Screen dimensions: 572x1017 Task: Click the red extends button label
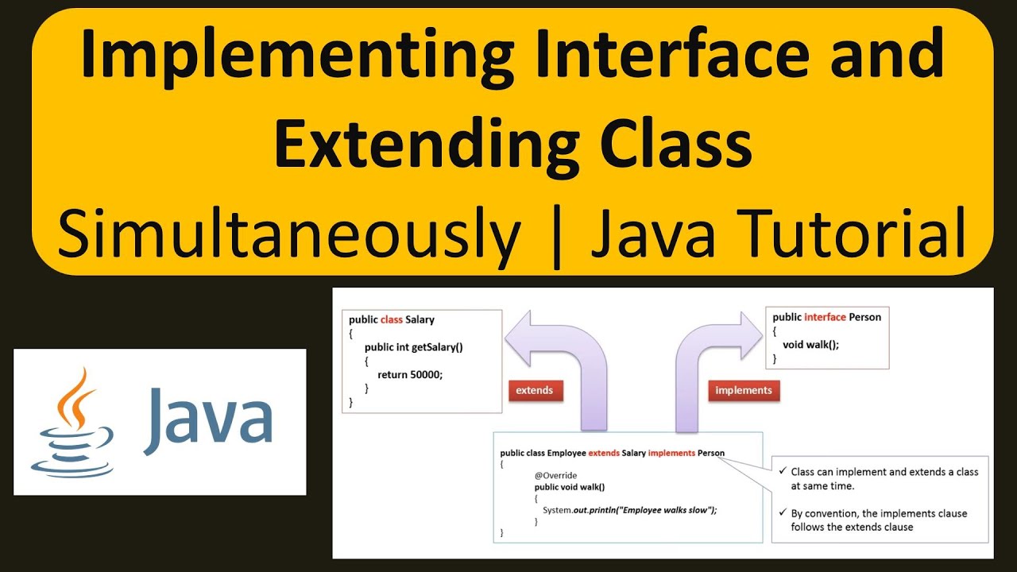tap(534, 391)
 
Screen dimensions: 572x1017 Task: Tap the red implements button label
tap(743, 391)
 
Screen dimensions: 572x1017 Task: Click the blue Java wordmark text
tap(208, 417)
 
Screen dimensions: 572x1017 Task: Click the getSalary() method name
tap(436, 347)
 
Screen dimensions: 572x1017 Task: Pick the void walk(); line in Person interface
tap(810, 345)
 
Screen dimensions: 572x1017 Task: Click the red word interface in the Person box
tap(825, 317)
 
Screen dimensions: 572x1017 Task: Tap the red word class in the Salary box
tap(392, 320)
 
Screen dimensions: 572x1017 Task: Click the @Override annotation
tap(555, 475)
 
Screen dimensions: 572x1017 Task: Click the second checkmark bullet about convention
tap(783, 514)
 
